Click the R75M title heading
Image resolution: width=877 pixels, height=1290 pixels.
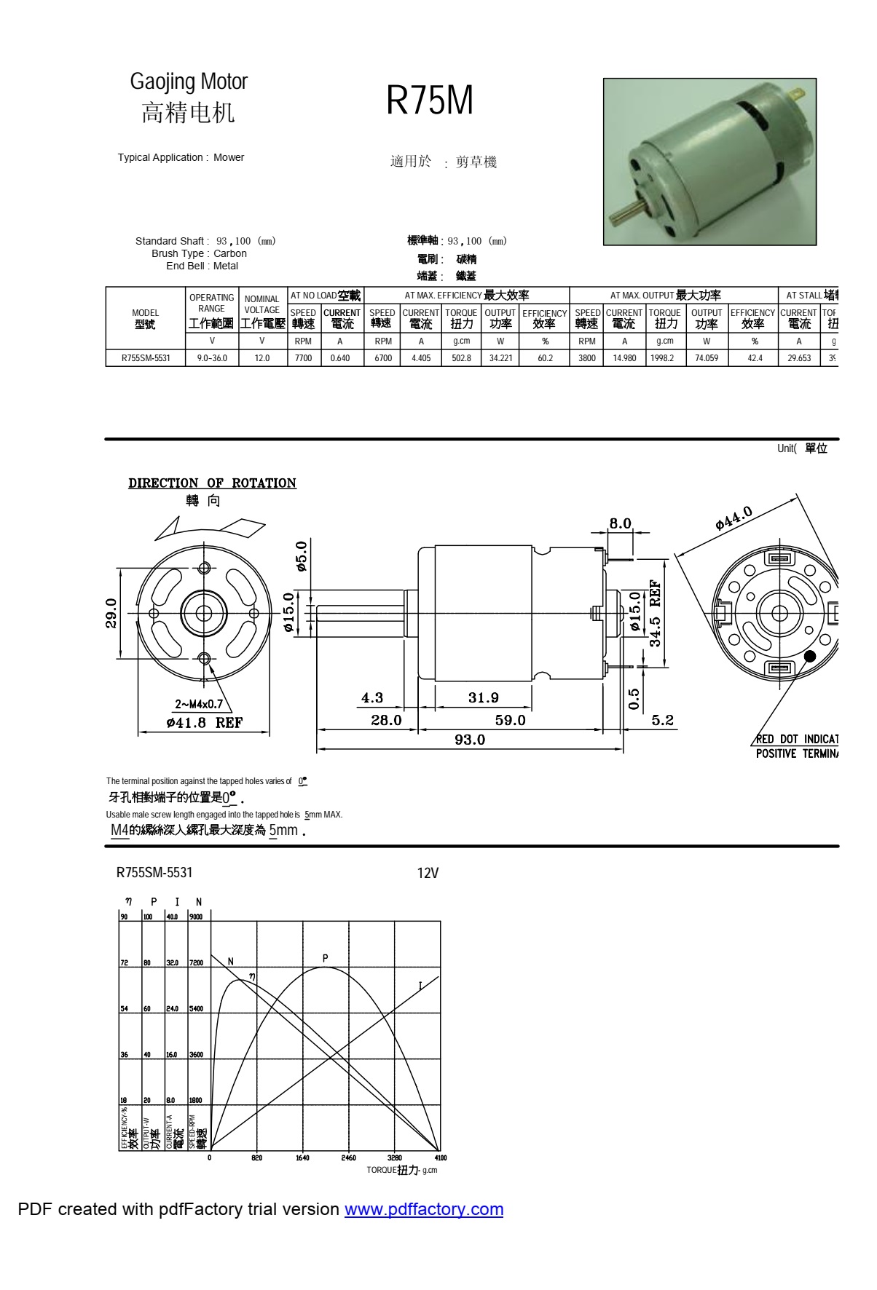coord(429,100)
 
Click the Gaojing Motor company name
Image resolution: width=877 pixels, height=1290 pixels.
coord(189,82)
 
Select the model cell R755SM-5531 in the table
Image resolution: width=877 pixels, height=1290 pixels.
coord(146,358)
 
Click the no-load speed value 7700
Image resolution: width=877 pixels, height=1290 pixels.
coord(303,358)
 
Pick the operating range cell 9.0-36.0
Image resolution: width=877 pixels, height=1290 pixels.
coord(212,358)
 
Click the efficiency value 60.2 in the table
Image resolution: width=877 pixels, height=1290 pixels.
coord(545,358)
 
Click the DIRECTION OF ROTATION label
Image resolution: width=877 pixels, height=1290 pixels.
coord(212,483)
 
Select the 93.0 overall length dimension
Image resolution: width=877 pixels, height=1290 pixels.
coord(470,740)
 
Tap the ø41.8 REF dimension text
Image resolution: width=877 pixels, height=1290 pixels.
coord(204,723)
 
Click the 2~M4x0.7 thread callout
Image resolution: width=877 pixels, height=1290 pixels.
coord(199,704)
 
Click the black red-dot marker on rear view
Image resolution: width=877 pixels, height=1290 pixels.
coord(809,656)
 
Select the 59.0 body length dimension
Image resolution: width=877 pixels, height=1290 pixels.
coord(510,720)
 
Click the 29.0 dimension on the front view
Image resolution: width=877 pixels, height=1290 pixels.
coord(111,613)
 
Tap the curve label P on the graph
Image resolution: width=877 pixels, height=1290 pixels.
coord(326,958)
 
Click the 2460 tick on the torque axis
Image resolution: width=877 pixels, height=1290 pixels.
coord(349,1158)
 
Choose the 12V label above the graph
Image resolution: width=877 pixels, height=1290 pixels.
coord(428,873)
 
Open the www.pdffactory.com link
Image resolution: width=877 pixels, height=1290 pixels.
coord(424,1209)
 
